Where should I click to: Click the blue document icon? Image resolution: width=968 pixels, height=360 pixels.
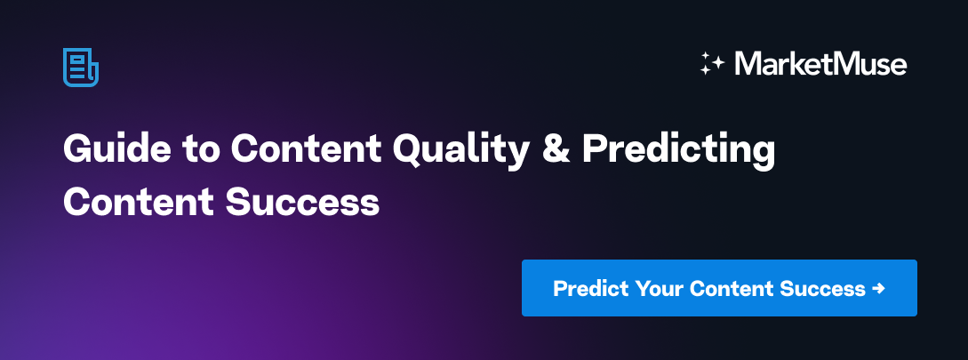[x=80, y=68]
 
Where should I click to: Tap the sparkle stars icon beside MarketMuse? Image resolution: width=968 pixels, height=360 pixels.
[x=713, y=64]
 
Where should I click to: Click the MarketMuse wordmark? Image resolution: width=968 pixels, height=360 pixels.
[x=820, y=64]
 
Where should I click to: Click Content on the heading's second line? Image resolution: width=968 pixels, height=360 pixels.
[x=138, y=201]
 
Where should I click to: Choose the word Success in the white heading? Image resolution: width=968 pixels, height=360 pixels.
[x=302, y=201]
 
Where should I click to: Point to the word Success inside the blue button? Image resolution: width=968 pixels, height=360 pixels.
[x=822, y=289]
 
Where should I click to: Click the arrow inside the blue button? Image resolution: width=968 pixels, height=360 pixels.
[x=879, y=289]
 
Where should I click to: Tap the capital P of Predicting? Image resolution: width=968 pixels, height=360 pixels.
[x=594, y=149]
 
